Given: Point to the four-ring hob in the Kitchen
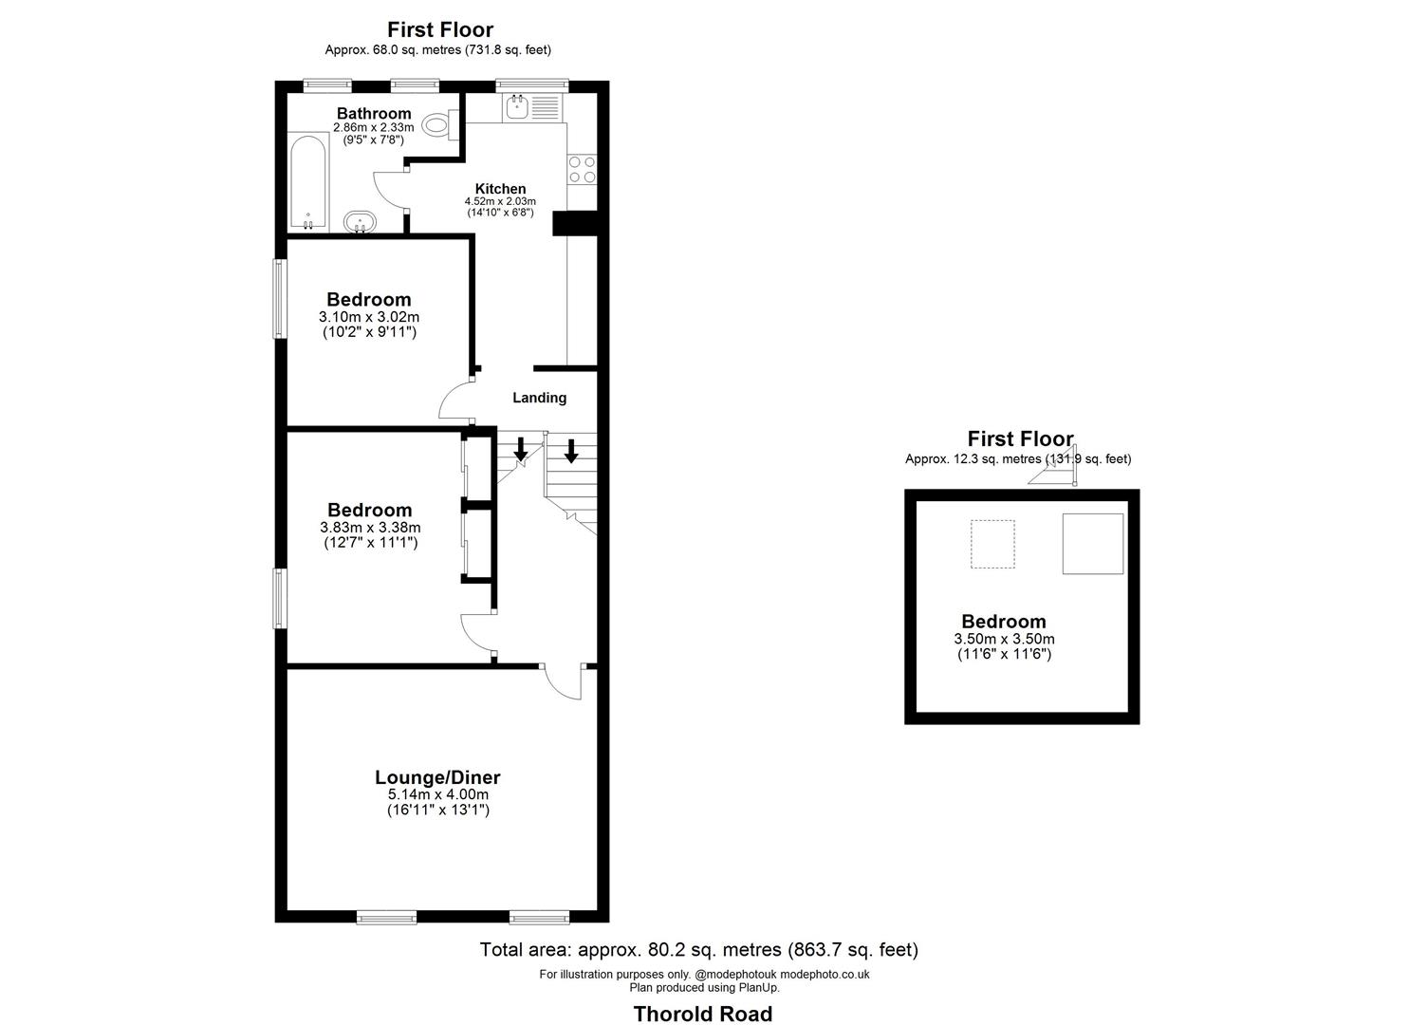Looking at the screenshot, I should click(582, 170).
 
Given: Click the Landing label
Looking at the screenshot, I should click(540, 398).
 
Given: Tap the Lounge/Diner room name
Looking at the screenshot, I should click(437, 777).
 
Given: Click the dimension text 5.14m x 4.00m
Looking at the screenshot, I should click(437, 794).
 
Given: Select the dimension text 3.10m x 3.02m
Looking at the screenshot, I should click(369, 317).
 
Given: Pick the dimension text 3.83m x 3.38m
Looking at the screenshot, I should click(370, 528).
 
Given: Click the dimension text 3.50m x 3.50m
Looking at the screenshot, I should click(1004, 639).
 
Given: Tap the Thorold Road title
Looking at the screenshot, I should click(703, 1014).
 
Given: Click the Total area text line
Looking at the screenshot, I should click(699, 949).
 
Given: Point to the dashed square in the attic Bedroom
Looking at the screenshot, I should click(992, 544).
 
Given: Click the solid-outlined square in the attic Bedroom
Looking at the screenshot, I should click(1092, 544).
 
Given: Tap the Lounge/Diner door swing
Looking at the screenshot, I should click(565, 681).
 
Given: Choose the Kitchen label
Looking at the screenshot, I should click(500, 189).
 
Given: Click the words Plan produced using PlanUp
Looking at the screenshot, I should click(704, 987).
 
